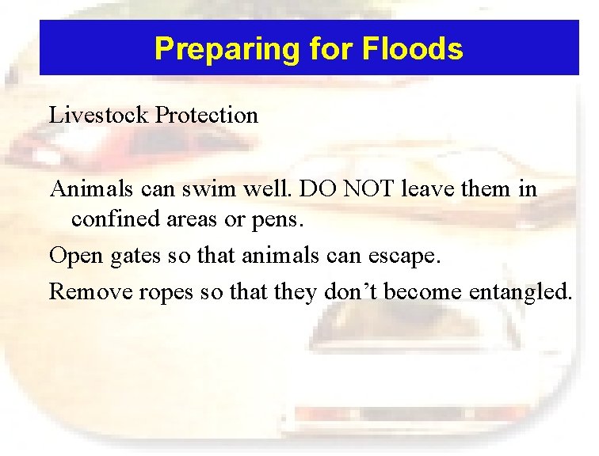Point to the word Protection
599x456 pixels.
coord(207,116)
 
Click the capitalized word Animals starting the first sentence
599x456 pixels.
coord(88,190)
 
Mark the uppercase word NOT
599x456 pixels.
coord(371,190)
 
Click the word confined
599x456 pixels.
coord(110,218)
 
